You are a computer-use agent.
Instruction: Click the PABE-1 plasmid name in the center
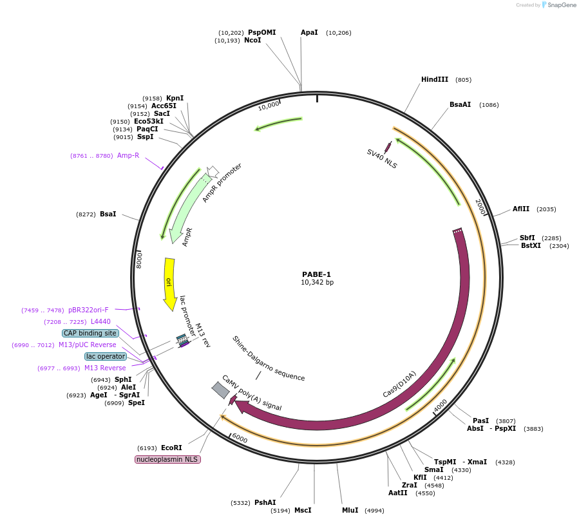click(x=317, y=274)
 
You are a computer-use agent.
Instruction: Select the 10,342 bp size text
click(x=317, y=282)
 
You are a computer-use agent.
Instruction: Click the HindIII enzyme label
click(x=435, y=80)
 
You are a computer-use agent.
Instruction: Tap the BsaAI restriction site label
click(x=460, y=104)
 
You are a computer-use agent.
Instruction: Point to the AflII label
click(x=520, y=209)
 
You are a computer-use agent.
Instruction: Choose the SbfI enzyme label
click(x=527, y=238)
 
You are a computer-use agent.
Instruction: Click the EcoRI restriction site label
click(x=171, y=448)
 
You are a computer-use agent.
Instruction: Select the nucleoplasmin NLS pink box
click(x=167, y=459)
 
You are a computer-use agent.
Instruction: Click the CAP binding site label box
click(x=90, y=333)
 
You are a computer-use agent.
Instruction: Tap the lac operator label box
click(x=106, y=356)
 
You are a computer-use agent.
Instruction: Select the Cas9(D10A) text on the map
click(x=399, y=384)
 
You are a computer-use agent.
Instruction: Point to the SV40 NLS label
click(x=382, y=158)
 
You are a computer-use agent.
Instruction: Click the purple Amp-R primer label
click(x=128, y=155)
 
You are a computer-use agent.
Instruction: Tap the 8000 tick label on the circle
click(x=138, y=260)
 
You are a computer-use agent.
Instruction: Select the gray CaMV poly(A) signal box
click(x=220, y=390)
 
